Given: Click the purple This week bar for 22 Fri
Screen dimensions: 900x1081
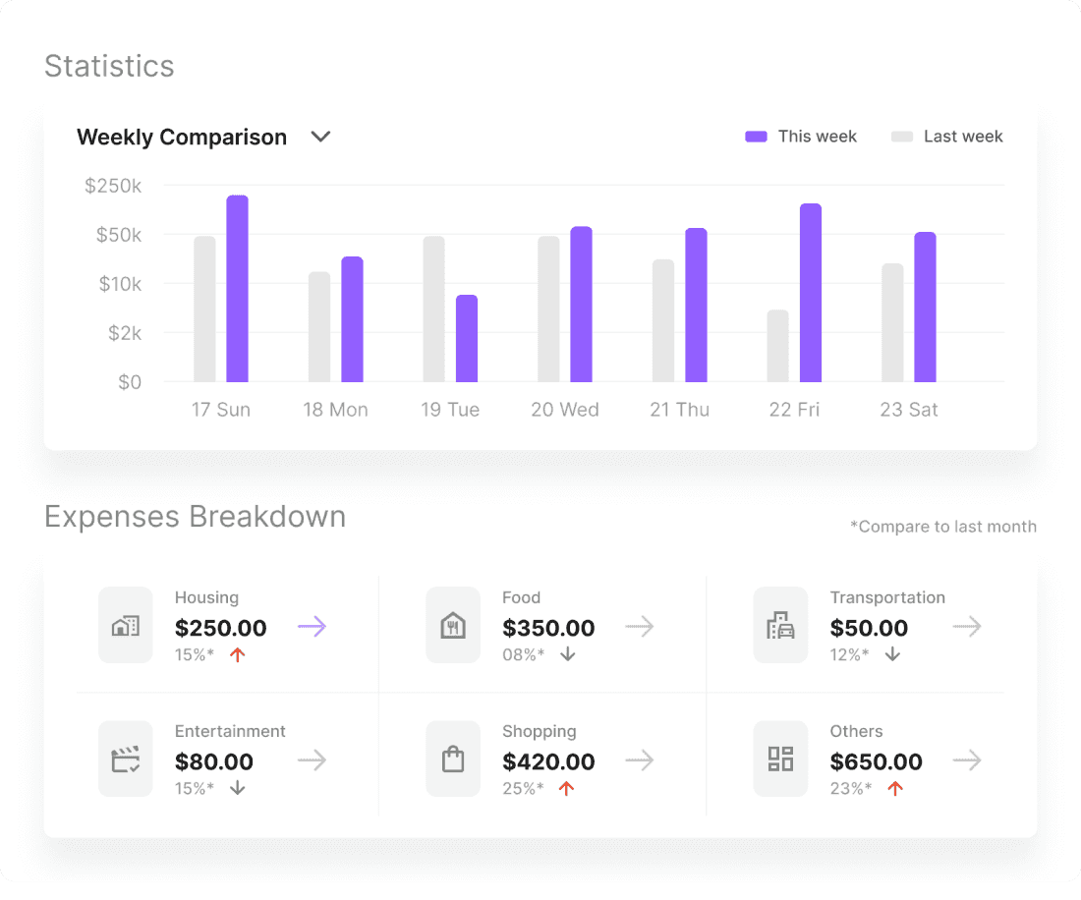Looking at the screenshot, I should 810,293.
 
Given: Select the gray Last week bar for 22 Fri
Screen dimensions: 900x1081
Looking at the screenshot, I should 777,346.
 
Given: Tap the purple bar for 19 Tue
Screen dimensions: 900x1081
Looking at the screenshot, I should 467,338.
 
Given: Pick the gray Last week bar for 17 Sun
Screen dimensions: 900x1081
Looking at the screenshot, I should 204,309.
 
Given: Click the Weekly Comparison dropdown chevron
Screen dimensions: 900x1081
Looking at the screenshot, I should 320,137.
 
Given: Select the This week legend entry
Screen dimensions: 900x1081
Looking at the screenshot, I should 801,137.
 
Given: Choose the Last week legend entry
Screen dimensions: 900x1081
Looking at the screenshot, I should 947,137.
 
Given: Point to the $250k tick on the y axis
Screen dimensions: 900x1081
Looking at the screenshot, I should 113,186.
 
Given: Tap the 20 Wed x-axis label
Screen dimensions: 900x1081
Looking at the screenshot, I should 565,410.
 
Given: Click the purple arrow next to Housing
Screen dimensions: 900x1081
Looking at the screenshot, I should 312,626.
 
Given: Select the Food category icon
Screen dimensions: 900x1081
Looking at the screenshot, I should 453,626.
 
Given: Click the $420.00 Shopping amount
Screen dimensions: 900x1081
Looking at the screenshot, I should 548,761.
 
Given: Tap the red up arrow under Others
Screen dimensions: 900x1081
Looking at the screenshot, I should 894,788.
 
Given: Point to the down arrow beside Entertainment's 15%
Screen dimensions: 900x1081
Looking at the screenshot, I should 238,788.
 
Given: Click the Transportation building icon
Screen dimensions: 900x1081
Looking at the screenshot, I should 780,626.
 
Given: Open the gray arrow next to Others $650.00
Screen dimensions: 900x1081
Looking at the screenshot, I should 967,759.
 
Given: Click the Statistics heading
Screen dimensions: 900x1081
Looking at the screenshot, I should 109,66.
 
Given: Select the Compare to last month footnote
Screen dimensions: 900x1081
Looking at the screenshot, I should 943,527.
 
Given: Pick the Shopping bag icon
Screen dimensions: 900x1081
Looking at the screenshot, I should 453,759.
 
